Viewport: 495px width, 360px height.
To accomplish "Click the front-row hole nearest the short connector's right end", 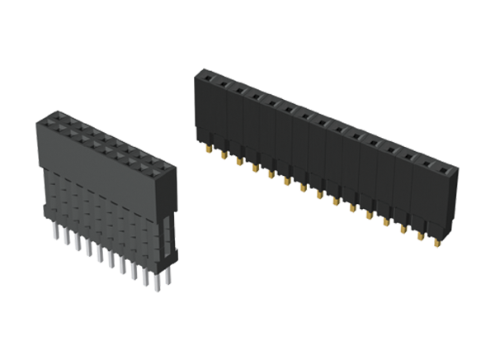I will coord(152,177).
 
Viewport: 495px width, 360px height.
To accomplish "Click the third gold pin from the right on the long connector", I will coord(404,228).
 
